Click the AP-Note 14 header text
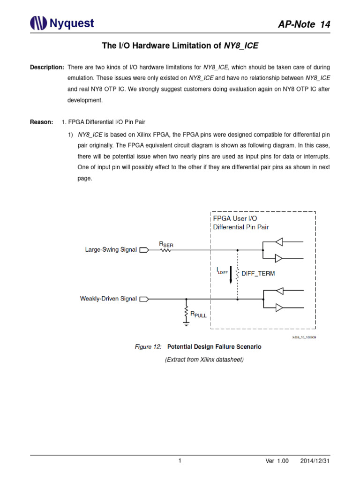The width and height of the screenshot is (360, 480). [x=303, y=25]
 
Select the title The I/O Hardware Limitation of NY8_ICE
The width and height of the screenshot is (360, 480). [x=180, y=45]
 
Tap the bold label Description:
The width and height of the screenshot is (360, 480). [x=47, y=67]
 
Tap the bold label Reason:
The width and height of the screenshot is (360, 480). [x=41, y=122]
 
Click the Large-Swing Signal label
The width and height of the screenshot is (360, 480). [x=111, y=250]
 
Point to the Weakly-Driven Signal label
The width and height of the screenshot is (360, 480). [x=108, y=298]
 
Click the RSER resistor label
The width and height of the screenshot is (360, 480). [x=166, y=244]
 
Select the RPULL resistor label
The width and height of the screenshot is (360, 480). [x=197, y=315]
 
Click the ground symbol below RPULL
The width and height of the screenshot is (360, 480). [x=187, y=322]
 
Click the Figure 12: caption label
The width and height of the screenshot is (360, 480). [x=148, y=347]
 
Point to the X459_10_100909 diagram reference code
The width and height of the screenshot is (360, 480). [x=304, y=337]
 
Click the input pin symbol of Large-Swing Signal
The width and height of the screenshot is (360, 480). [x=144, y=250]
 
